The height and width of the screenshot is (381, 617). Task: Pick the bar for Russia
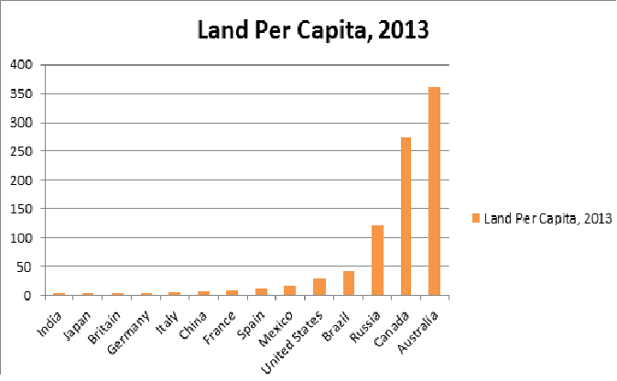[377, 260]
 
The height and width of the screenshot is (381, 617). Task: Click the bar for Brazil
[348, 283]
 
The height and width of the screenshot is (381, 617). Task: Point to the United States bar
[319, 287]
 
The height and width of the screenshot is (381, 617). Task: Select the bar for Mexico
[290, 290]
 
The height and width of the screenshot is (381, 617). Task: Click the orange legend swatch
[475, 218]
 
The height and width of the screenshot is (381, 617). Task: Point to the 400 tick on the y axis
[22, 65]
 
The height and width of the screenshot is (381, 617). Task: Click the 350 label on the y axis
[22, 94]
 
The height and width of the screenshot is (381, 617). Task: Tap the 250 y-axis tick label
[22, 152]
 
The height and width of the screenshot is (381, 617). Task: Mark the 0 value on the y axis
[29, 296]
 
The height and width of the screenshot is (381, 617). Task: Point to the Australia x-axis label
[424, 326]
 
